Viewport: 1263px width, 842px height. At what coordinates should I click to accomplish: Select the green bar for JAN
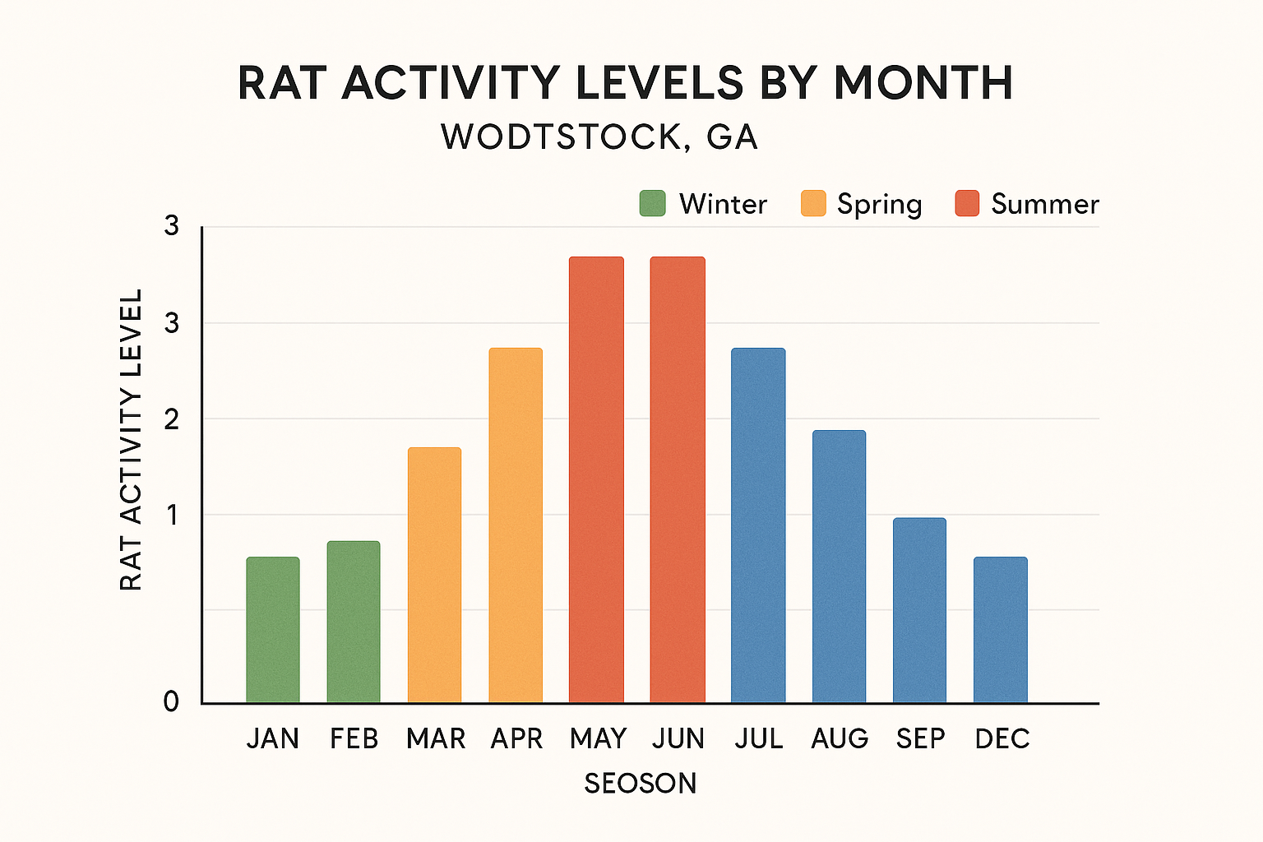click(273, 630)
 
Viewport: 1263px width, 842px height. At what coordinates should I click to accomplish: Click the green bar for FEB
click(354, 622)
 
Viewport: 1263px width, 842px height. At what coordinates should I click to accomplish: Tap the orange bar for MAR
click(434, 575)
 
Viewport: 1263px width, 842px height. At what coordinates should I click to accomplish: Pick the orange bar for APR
click(516, 525)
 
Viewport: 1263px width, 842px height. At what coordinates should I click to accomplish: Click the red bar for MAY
click(596, 480)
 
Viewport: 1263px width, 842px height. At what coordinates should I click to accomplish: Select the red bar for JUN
click(678, 480)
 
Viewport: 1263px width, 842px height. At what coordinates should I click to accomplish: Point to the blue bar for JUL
click(758, 525)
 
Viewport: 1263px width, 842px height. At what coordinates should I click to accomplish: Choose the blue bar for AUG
click(839, 567)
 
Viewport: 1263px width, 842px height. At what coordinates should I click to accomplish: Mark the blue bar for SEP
click(919, 610)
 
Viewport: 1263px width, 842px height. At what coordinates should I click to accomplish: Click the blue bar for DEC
click(1001, 630)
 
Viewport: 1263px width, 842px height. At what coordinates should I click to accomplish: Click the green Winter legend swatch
click(652, 203)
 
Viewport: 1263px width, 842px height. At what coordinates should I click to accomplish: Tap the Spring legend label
click(879, 204)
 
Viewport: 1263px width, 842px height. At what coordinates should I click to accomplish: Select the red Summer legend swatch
click(967, 203)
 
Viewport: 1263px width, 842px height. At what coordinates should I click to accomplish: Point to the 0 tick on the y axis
click(171, 701)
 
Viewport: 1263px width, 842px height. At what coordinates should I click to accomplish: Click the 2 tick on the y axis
click(171, 420)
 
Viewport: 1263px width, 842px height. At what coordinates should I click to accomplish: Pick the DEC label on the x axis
click(1002, 738)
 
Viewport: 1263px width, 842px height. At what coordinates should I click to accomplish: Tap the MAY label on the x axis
click(598, 738)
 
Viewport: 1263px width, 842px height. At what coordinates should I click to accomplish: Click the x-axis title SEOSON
click(640, 783)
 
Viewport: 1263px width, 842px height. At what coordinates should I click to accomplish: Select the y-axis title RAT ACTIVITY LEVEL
click(132, 439)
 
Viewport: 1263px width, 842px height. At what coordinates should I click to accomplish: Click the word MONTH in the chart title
click(923, 83)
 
